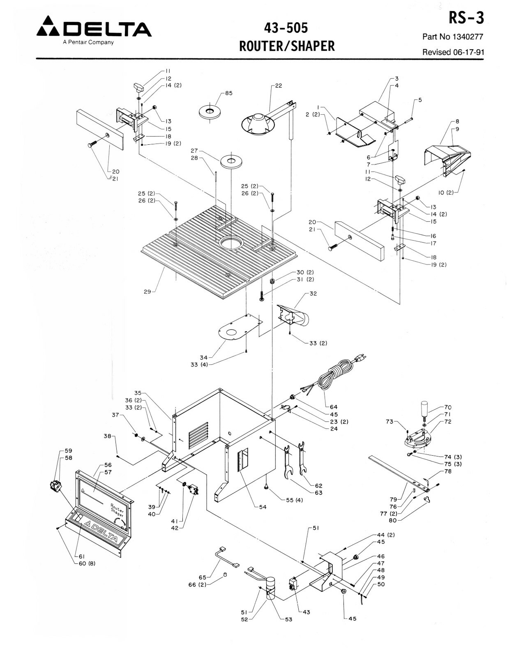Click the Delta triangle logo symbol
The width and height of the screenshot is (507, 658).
click(49, 27)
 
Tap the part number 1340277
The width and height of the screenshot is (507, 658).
click(468, 37)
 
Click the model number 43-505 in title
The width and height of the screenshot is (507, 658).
click(287, 28)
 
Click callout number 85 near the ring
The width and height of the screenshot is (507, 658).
click(228, 93)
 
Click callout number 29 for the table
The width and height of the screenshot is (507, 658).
click(147, 292)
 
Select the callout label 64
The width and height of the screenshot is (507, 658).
click(333, 407)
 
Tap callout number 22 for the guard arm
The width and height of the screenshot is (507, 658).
click(279, 86)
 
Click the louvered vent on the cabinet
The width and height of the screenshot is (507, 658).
click(198, 435)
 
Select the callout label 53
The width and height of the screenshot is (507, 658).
click(288, 619)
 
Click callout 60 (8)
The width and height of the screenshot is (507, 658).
click(87, 563)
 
